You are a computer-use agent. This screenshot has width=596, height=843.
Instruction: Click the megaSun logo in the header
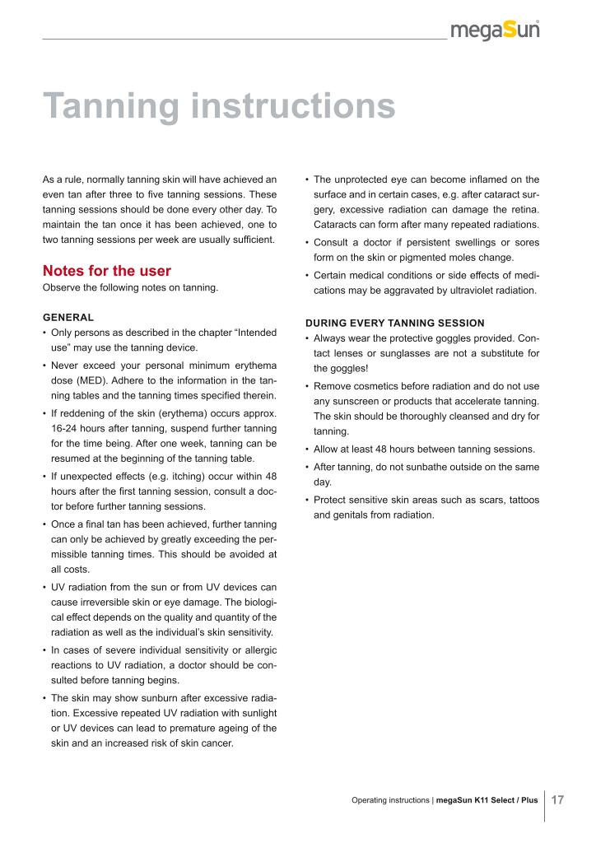(x=495, y=30)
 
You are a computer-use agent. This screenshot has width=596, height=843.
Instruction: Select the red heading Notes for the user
(x=106, y=270)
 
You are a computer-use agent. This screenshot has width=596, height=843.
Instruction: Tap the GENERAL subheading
(x=68, y=317)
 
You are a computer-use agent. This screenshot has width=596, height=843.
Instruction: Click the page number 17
(x=557, y=800)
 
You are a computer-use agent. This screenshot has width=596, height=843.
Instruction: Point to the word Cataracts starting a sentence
(x=338, y=226)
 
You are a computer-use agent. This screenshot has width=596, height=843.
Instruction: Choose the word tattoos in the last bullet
(x=519, y=499)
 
